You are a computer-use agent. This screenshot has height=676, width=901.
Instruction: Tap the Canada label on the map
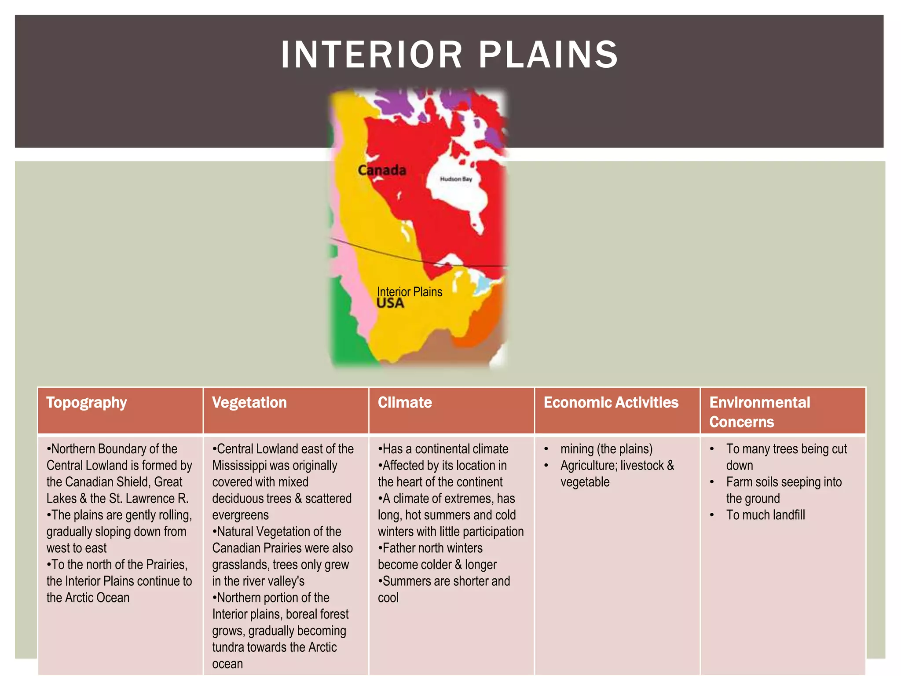381,170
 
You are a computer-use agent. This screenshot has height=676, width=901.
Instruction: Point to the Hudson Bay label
456,179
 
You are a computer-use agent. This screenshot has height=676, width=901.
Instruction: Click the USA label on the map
390,303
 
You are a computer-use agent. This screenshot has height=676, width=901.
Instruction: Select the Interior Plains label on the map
410,292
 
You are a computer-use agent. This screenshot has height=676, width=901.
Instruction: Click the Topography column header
87,403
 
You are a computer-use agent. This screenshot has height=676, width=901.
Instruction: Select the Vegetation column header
249,403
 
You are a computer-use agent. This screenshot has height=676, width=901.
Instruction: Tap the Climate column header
405,403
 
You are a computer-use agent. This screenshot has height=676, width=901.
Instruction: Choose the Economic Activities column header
611,403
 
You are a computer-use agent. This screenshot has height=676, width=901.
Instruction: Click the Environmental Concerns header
759,412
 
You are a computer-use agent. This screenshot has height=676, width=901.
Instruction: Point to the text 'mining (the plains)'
606,449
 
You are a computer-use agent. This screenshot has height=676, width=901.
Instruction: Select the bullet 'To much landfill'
765,515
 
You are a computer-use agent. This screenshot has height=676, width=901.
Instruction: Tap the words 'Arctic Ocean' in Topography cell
96,598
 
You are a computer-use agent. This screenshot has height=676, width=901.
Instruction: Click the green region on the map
348,326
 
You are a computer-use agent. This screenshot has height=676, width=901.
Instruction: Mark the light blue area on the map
485,284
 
